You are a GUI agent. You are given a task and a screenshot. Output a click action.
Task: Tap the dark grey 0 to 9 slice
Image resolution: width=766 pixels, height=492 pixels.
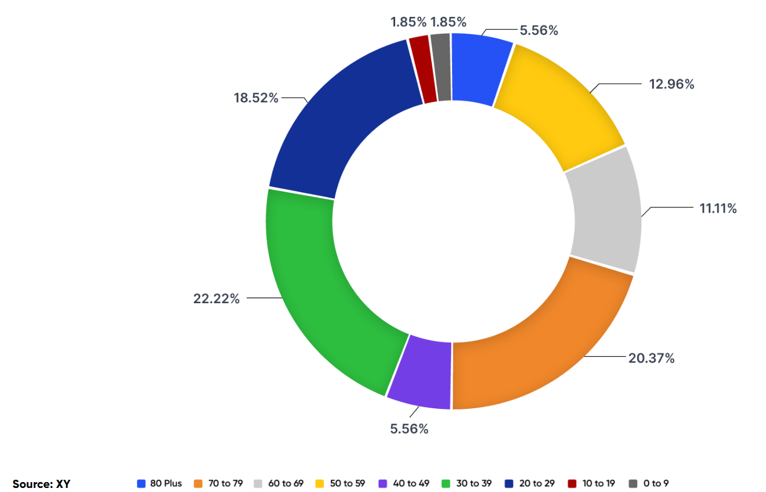[442, 67]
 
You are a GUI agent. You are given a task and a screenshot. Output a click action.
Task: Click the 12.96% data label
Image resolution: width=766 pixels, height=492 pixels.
[671, 84]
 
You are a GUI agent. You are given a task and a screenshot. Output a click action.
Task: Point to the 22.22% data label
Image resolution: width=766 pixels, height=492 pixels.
[216, 299]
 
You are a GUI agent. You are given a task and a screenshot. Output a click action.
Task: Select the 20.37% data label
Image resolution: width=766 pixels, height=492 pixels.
[651, 358]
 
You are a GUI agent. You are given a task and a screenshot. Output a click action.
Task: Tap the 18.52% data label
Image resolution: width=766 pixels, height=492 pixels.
[256, 98]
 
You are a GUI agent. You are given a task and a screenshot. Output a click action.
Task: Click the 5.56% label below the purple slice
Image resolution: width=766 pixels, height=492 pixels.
[409, 429]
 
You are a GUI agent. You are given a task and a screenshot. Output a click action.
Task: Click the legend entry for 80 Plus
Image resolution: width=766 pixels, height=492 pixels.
[160, 483]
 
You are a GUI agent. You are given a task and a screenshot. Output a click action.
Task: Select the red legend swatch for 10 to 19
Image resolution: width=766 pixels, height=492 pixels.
[572, 483]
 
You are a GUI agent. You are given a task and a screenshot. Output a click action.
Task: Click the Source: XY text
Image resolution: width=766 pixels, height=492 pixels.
[41, 484]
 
